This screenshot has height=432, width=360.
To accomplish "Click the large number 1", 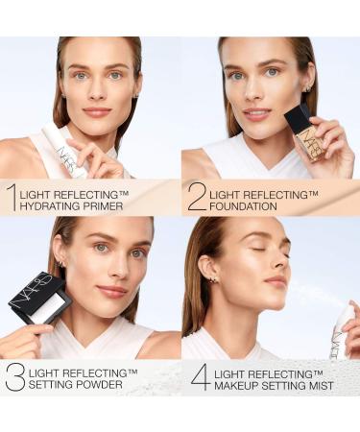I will click(11, 196).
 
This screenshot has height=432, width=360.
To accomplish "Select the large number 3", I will click(14, 375).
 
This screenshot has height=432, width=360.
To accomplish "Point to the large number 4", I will click(200, 375).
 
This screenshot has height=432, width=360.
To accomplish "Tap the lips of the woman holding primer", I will click(96, 111).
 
